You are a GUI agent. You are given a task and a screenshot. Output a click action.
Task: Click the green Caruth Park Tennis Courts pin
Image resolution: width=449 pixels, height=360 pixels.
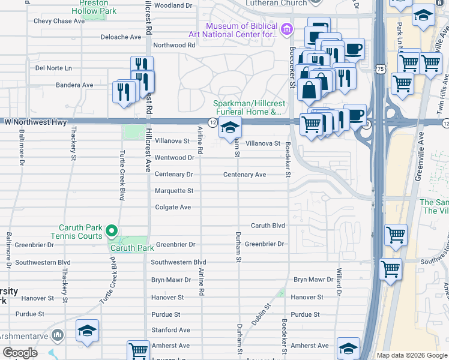[111, 230]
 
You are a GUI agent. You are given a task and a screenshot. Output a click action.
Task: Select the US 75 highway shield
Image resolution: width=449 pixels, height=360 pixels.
[380, 70]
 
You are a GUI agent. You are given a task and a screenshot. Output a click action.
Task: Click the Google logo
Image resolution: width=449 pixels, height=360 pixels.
[20, 353]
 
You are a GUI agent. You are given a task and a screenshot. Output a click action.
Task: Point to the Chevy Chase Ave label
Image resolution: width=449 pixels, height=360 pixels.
[59, 21]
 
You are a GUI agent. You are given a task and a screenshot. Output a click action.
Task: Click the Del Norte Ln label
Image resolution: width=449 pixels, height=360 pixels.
[53, 68]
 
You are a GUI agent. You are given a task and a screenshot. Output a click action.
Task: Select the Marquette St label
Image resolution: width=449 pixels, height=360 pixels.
[174, 191]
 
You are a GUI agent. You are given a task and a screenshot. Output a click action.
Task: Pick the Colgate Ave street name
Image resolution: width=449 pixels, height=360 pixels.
[173, 207]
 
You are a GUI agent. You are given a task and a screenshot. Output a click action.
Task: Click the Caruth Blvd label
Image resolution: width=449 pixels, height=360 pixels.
[267, 226]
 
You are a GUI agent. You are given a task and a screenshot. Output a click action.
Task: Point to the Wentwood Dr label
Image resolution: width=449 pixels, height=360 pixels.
[174, 158]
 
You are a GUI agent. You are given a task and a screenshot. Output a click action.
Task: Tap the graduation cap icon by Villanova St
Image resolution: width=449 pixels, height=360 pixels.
[230, 128]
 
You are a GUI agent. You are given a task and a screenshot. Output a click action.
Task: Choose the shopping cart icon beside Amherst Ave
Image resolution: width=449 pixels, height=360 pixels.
[138, 350]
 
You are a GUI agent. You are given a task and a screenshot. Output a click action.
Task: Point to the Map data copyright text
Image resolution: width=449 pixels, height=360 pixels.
[412, 355]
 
